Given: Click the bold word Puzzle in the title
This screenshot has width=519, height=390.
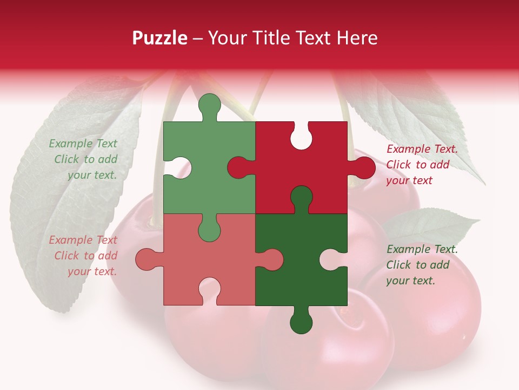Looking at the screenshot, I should pyautogui.click(x=160, y=38).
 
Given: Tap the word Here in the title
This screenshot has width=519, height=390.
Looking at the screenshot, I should pyautogui.click(x=357, y=38).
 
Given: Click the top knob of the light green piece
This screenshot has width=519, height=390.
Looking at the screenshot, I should pyautogui.click(x=209, y=106).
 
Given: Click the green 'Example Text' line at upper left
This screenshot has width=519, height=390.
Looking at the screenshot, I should pyautogui.click(x=83, y=144).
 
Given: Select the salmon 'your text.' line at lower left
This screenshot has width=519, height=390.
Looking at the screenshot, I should pyautogui.click(x=92, y=271).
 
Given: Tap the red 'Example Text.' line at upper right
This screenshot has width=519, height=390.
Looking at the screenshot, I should pyautogui.click(x=422, y=149).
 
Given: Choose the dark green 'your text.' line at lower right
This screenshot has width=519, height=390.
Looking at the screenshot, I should pyautogui.click(x=410, y=281).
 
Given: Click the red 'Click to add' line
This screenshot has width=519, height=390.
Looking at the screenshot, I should pyautogui.click(x=417, y=165).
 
